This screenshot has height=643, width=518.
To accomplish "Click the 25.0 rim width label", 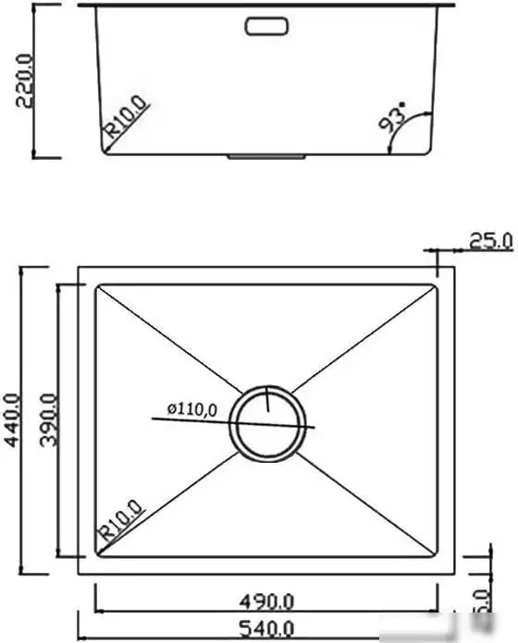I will pyautogui.click(x=490, y=241).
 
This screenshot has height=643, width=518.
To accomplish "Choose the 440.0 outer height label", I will pyautogui.click(x=12, y=419).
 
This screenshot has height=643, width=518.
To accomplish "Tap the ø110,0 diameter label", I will pyautogui.click(x=191, y=408).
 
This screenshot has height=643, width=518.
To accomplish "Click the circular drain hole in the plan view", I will pyautogui.click(x=267, y=422).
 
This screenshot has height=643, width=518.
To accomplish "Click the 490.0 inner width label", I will pyautogui.click(x=266, y=601).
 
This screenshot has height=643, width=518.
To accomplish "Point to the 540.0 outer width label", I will pyautogui.click(x=266, y=631).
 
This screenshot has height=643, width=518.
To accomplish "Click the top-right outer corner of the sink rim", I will pyautogui.click(x=453, y=268).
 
